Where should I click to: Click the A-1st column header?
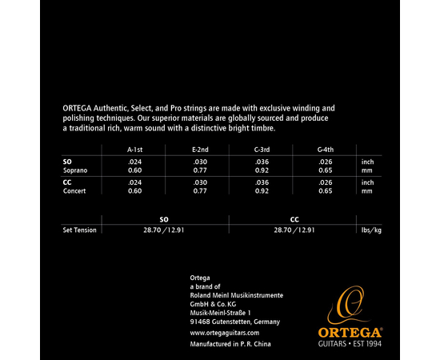point(136,149)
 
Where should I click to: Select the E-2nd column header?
point(200,149)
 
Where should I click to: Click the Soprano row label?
point(75,171)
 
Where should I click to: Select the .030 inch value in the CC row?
point(200,182)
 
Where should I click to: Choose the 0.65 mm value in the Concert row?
point(327,192)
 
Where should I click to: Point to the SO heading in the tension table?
point(164,218)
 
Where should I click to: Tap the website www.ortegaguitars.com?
point(226,331)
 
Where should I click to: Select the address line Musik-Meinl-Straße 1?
point(221,312)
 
